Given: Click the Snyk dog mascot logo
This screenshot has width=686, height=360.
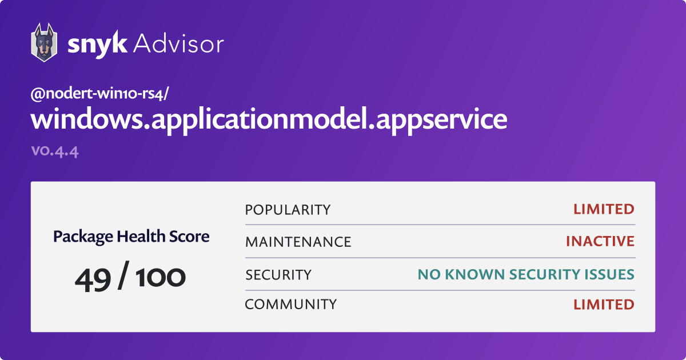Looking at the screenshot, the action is click(44, 42).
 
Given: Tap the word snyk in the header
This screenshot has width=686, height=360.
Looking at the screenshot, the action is click(97, 45).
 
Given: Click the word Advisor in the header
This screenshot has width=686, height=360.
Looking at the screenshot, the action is click(179, 44).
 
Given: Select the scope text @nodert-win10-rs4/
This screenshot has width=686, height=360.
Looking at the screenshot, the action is click(99, 94).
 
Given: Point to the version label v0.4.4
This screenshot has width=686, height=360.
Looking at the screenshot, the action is click(55, 151).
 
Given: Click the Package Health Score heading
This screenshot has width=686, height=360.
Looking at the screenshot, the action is click(131, 237).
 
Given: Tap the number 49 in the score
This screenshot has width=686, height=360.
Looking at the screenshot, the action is click(93, 279).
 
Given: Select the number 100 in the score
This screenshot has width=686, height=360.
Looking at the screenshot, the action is click(161, 278).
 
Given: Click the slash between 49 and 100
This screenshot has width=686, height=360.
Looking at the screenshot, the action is click(123, 275).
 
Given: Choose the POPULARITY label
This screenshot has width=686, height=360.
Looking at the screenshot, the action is click(288, 210).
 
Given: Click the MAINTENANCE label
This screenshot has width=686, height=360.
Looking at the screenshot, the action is click(298, 242).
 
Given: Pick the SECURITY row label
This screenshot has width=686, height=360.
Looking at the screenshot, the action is click(278, 275).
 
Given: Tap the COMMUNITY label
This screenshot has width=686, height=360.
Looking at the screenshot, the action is click(290, 304).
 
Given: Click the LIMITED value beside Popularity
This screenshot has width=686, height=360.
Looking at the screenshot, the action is click(604, 209).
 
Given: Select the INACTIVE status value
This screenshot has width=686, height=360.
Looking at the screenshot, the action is click(600, 241).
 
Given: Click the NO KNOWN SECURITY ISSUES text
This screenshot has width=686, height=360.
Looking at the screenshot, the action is click(526, 274).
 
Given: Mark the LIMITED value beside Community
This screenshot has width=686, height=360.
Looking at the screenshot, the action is click(604, 305).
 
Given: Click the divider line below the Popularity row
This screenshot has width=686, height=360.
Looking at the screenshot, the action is click(440, 225).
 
